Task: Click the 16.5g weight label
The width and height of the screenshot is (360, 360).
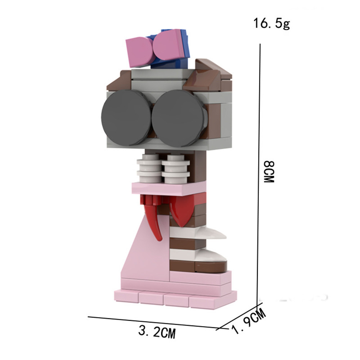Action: tap(271, 23)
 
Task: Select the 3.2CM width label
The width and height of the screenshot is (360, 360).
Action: tap(157, 332)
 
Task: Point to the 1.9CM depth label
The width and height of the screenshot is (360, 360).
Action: tap(249, 320)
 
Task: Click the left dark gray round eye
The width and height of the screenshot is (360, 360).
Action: tap(126, 118)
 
